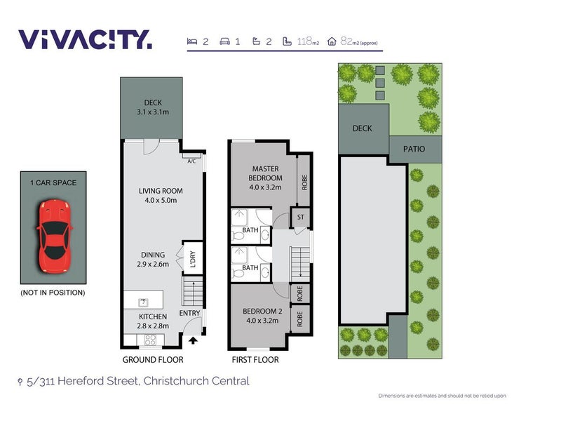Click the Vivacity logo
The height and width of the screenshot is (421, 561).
tap(84, 39)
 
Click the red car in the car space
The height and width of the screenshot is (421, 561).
tap(54, 236)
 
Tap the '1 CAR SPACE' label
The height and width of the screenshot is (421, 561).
tap(54, 183)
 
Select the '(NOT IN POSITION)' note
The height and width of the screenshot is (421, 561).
tap(53, 293)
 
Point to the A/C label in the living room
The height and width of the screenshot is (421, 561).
tap(191, 161)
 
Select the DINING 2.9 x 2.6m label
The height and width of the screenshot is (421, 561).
tap(152, 260)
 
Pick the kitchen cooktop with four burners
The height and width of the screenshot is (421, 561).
tap(149, 340)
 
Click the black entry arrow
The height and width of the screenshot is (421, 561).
tap(194, 341)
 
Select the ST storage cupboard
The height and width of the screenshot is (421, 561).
tap(301, 218)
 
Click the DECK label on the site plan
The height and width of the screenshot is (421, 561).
tap(363, 128)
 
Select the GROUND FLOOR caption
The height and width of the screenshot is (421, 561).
tap(153, 360)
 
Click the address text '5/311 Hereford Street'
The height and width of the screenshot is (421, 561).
tap(84, 382)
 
